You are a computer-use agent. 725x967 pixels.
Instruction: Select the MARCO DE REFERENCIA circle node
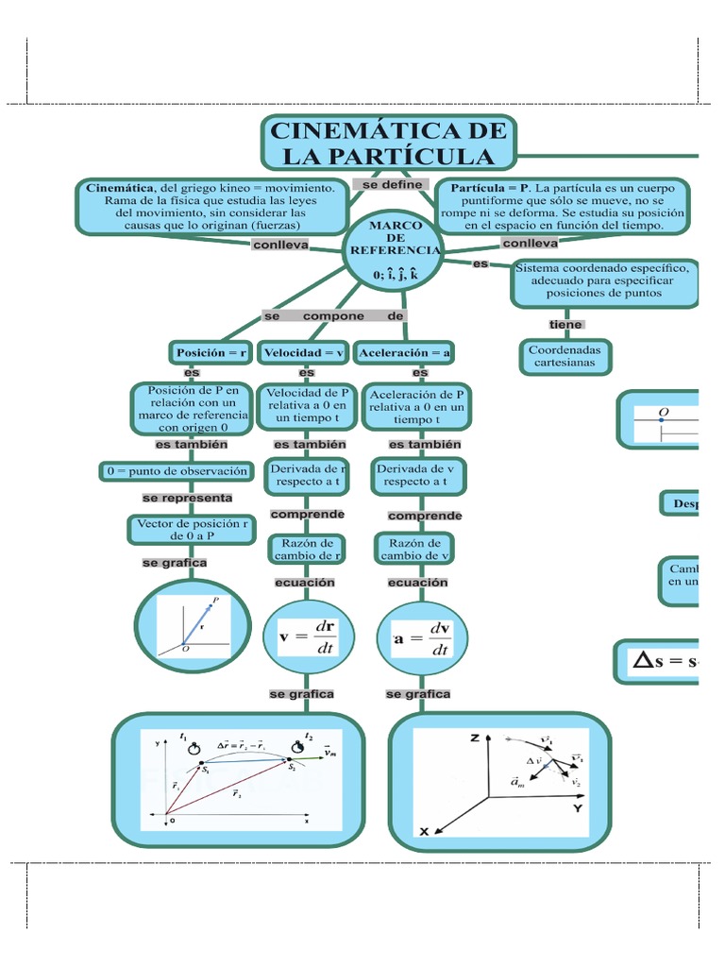(x=391, y=250)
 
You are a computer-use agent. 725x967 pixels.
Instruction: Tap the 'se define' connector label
(x=391, y=185)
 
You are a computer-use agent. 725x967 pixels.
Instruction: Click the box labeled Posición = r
(x=211, y=353)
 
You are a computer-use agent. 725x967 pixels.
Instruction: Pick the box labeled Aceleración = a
(x=403, y=353)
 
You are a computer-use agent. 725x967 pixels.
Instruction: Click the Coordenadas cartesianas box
(x=565, y=355)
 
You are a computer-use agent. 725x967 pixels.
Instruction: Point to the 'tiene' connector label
(x=565, y=325)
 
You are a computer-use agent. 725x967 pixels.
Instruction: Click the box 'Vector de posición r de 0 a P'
(x=192, y=529)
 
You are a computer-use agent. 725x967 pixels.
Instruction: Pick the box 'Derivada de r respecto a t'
(x=306, y=475)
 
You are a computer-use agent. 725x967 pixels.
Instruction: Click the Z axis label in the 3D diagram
(x=474, y=739)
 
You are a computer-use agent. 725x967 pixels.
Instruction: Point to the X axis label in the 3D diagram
(x=424, y=831)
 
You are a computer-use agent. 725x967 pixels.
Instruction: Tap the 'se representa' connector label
(x=187, y=498)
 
